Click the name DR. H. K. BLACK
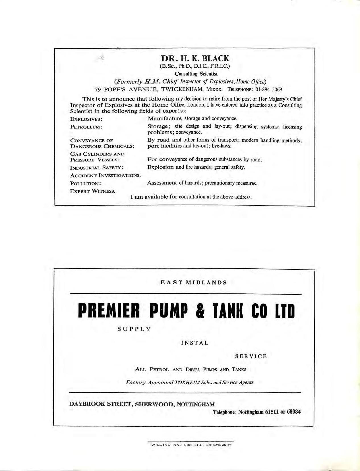pos(195,59)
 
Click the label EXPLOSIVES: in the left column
pos(86,119)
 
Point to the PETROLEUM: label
pos(86,127)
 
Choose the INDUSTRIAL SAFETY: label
pos(97,167)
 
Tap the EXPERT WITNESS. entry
pos(93,191)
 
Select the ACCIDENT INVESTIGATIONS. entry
pos(105,175)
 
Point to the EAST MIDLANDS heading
pos(194,283)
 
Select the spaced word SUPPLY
pos(134,329)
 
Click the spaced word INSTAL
pos(195,343)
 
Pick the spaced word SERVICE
pos(251,356)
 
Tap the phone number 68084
pos(294,412)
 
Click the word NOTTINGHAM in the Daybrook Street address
pos(196,404)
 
